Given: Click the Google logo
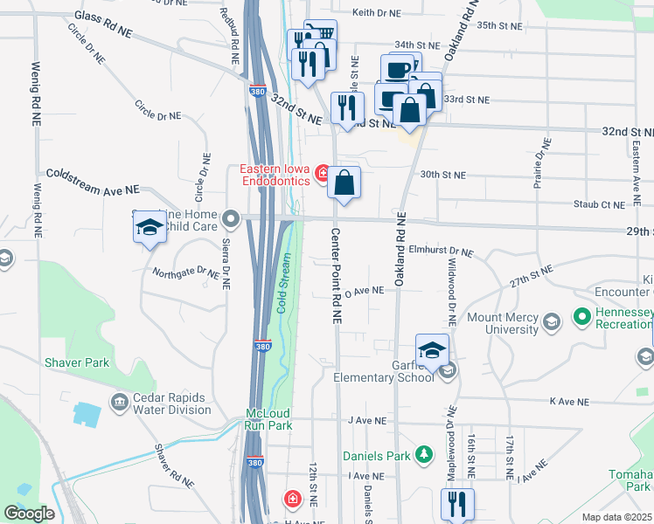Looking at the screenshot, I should (x=29, y=514).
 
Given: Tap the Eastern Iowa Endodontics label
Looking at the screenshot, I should (x=275, y=175).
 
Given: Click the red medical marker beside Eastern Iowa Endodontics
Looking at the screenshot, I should (x=323, y=175).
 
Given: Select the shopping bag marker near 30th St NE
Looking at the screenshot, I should (x=344, y=183).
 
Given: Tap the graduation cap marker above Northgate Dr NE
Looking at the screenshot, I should (x=150, y=229).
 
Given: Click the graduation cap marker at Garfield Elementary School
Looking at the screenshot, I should (x=432, y=351).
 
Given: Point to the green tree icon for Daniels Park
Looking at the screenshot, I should (x=424, y=454).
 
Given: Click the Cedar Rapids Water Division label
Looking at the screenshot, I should (x=160, y=403).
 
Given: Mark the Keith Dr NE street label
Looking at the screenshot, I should (x=376, y=13).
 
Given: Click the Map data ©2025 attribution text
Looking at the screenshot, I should (x=616, y=517).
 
